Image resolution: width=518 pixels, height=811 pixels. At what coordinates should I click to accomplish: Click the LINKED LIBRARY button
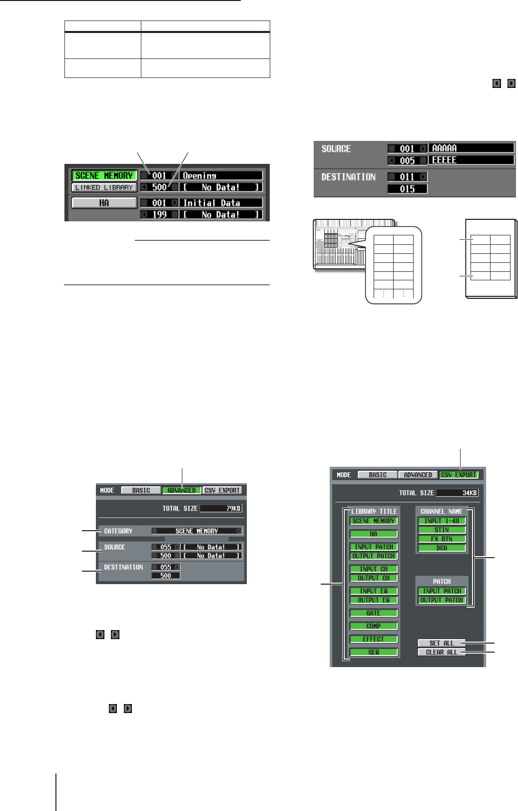pos(104,187)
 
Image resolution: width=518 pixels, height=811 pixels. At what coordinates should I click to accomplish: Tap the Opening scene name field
pos(221,175)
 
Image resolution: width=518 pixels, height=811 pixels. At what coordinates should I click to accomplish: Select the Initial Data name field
pos(221,203)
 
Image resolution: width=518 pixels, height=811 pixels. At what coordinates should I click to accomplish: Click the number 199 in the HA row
pos(159,214)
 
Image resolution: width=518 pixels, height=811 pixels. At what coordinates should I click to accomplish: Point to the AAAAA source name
pos(472,148)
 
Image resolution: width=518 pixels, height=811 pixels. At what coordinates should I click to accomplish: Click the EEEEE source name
pos(472,160)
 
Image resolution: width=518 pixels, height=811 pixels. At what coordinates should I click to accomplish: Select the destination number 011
pos(407,177)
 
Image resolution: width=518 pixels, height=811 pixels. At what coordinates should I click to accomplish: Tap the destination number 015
pos(407,189)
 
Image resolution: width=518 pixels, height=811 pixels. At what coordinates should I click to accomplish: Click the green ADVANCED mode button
pos(182,490)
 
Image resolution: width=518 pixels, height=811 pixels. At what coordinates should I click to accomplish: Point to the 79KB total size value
pos(220,508)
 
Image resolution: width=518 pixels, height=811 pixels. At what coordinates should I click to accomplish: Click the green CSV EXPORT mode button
pos(459,475)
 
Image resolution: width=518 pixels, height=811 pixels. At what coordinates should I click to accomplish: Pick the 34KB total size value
pos(457,493)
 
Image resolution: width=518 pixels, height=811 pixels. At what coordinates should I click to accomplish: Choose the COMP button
pos(374,626)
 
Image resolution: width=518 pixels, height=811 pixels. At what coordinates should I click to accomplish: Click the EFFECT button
pos(374,639)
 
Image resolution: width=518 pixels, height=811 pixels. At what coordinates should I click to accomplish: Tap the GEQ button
pos(374,652)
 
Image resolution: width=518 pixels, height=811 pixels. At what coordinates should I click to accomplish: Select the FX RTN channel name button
pos(442,539)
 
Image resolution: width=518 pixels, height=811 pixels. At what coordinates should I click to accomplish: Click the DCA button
pos(442,548)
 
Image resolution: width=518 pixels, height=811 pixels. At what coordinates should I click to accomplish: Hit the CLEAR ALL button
pos(442,652)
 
